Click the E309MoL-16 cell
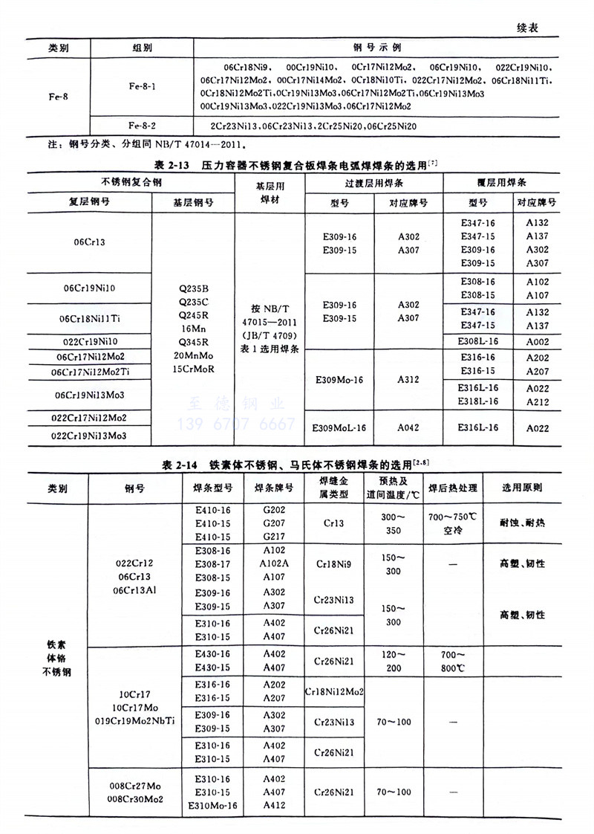pyautogui.click(x=338, y=427)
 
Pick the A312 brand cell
pyautogui.click(x=408, y=379)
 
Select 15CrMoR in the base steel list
pyautogui.click(x=192, y=368)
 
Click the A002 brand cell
pyautogui.click(x=537, y=341)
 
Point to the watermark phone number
pyautogui.click(x=236, y=424)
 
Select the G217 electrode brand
pyautogui.click(x=274, y=537)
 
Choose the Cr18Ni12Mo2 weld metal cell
pyautogui.click(x=334, y=691)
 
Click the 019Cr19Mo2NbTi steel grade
pyautogui.click(x=134, y=720)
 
